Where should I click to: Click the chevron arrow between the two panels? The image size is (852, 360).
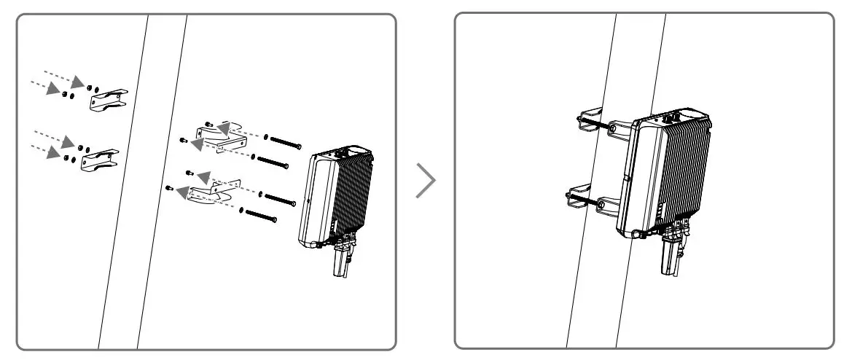click(426, 181)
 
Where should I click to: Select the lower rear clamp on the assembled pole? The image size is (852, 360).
click(581, 200)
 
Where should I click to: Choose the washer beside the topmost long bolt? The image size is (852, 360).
click(267, 136)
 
